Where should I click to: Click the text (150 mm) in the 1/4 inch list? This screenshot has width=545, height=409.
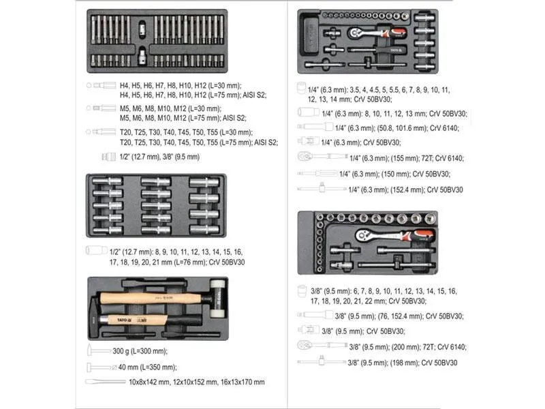click(394, 174)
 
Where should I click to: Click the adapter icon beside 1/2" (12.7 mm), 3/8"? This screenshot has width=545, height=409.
click(108, 157)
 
